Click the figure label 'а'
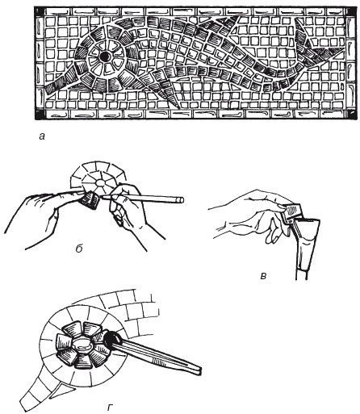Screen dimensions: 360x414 tap(41, 137)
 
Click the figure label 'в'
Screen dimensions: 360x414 tap(264, 275)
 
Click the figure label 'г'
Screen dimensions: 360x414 tap(109, 407)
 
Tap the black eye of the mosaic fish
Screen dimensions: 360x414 tap(104, 56)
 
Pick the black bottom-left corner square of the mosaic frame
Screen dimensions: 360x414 tap(39, 115)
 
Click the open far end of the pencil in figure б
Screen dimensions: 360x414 tap(182, 200)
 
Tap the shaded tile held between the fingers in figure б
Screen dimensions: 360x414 tap(90, 201)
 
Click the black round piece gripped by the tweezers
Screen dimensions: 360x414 tap(111, 338)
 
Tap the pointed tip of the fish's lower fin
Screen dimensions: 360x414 tap(178, 108)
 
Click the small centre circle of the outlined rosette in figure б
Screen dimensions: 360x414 tap(100, 183)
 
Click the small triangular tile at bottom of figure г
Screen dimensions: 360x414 tap(60, 388)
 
